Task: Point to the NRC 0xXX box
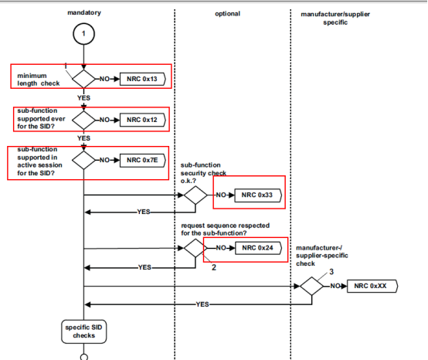tap(372, 286)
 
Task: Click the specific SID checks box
tap(83, 331)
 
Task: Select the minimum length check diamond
tap(83, 79)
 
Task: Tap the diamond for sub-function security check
tap(195, 196)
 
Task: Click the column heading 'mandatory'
tap(83, 13)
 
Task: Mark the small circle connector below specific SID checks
tap(83, 356)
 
